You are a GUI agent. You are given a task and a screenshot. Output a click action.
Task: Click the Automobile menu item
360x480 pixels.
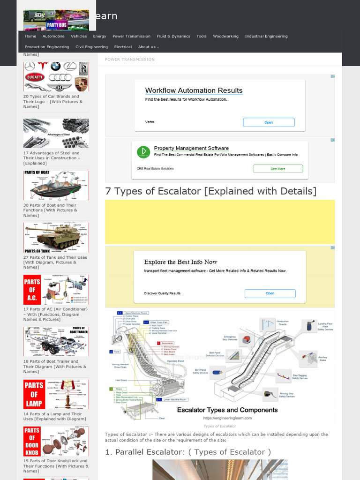coord(53,36)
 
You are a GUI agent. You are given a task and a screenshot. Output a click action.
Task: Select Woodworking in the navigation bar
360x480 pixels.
coord(225,36)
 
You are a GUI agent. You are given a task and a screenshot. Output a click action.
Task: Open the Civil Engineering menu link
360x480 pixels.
coord(91,47)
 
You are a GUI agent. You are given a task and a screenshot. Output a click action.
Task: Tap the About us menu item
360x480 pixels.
coord(148,47)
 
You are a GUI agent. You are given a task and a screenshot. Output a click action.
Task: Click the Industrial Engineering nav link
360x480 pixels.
coord(266,36)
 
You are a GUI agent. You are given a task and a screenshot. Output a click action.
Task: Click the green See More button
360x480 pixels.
coord(278,169)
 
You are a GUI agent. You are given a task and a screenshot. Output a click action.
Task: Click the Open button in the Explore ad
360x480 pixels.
coord(270,293)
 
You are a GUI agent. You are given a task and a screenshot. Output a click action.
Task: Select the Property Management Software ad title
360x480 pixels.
coord(191,148)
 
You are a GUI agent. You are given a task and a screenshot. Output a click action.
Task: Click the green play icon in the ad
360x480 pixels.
coord(143,152)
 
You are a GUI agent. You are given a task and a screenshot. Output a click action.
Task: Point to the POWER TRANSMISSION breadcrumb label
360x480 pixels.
coord(129,60)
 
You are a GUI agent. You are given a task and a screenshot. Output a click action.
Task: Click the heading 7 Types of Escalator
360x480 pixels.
coord(210,191)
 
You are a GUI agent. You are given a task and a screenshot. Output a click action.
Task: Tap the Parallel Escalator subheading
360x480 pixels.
coord(188,452)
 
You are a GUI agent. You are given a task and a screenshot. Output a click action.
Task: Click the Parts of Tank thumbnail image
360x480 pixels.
coord(56,238)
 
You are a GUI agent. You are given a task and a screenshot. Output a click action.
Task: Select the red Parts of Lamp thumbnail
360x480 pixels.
coord(56,394)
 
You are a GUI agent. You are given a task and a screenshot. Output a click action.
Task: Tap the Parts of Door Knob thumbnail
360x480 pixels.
coord(56,441)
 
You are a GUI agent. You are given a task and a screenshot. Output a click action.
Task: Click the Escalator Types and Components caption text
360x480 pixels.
coord(227,410)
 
